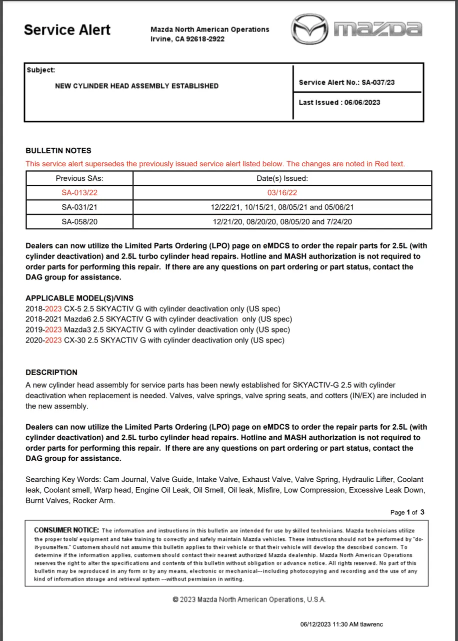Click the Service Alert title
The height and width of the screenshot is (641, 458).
pos(67,30)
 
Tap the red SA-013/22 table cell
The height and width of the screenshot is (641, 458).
pos(79,192)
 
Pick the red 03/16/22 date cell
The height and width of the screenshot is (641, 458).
pos(282,192)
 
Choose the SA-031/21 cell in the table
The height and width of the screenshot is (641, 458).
pos(79,207)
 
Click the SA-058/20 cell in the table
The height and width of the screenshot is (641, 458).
pos(79,221)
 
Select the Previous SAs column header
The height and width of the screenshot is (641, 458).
pos(79,178)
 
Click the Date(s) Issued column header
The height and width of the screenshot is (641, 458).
pos(282,178)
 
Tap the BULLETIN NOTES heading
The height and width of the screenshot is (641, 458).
pos(58,150)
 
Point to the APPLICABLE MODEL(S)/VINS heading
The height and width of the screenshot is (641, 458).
pos(79,298)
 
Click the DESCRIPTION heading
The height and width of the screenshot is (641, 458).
pos(51,372)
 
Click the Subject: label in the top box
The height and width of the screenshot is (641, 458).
pos(41,70)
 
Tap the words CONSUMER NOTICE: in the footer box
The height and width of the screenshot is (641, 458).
pos(66,530)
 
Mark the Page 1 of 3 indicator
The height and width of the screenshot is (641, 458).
pos(407,512)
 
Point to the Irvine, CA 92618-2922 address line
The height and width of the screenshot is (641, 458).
pos(187,39)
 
